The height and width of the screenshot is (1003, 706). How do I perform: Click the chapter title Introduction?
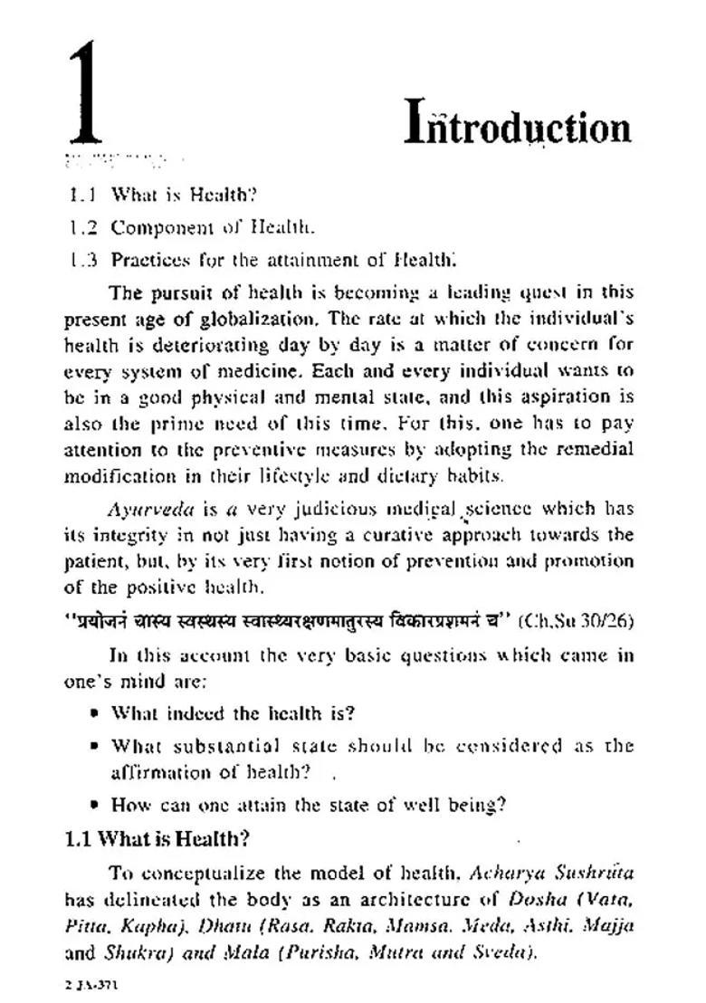click(517, 126)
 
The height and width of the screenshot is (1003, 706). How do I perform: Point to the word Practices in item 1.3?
click(148, 260)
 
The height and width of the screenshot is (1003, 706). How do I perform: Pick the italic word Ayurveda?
click(138, 509)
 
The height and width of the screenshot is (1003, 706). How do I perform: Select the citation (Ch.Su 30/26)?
click(577, 622)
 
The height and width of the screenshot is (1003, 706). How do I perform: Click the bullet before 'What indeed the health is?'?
click(94, 713)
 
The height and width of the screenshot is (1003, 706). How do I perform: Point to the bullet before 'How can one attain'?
click(94, 805)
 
